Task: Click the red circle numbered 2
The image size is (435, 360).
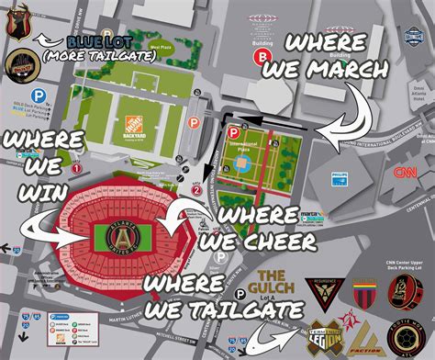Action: pyautogui.click(x=196, y=190)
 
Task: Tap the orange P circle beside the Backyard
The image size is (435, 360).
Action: pyautogui.click(x=194, y=121)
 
